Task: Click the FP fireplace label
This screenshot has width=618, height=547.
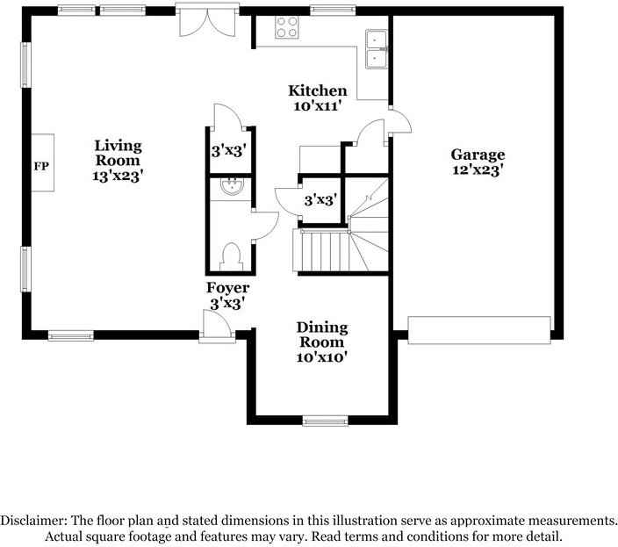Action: [x=40, y=165]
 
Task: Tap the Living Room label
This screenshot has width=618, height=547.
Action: [x=119, y=153]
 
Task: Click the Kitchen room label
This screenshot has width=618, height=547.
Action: [x=318, y=90]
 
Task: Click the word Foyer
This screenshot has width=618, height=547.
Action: [x=227, y=288]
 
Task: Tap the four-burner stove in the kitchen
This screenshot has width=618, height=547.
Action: [x=287, y=27]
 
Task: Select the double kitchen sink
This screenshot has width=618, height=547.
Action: [x=377, y=48]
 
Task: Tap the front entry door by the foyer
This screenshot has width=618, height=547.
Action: [x=216, y=328]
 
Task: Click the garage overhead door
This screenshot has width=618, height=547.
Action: [x=479, y=329]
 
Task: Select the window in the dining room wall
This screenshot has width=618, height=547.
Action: [x=325, y=421]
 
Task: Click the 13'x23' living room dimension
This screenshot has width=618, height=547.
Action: [x=119, y=176]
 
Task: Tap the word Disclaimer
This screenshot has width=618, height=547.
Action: [x=32, y=520]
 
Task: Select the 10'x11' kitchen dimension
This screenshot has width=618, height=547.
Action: [x=318, y=106]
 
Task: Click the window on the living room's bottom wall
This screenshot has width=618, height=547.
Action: [x=71, y=335]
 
